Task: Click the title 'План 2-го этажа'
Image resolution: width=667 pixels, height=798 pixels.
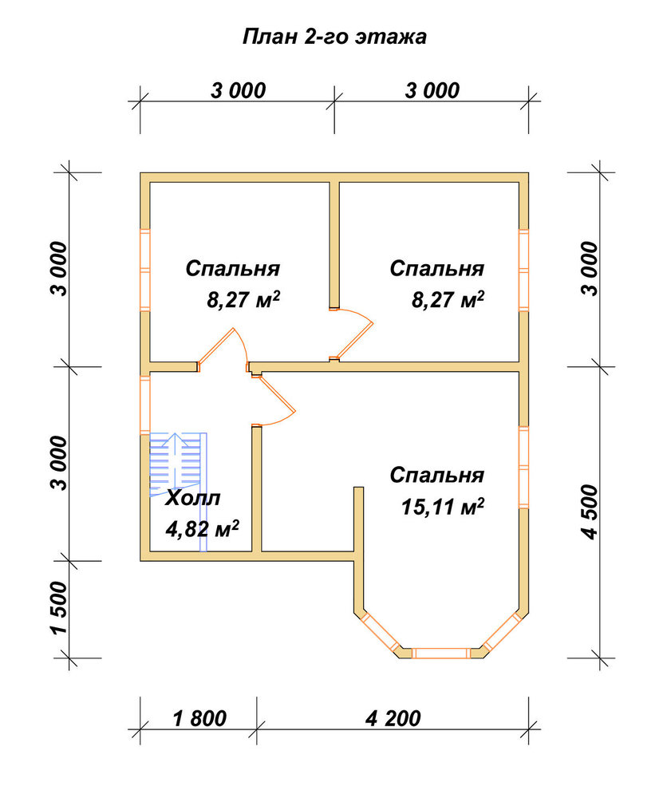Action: pos(334,38)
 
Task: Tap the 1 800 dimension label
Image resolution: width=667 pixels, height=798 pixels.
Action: pos(199,719)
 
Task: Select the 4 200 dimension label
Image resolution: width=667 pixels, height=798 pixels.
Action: pos(393,719)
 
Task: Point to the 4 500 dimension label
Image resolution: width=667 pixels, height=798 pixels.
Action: pos(590,512)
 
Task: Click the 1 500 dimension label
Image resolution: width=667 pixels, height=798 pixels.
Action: pos(59,608)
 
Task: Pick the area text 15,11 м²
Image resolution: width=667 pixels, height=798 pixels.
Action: pos(443,507)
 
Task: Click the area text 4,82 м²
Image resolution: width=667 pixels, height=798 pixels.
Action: pos(202,528)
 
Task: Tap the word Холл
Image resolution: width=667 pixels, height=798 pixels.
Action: pos(193,498)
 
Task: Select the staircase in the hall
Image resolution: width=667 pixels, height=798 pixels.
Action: pos(178,491)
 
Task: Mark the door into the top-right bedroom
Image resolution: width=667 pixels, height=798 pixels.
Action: pos(352,334)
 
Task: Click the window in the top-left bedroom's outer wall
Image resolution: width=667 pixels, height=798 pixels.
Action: pos(145,270)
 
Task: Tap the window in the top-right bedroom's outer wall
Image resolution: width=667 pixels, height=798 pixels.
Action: pos(523,270)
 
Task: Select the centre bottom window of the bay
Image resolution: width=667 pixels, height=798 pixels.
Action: pos(440,654)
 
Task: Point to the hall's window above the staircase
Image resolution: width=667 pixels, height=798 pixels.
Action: pos(145,405)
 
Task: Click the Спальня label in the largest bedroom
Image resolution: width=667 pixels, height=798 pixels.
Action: pos(437,475)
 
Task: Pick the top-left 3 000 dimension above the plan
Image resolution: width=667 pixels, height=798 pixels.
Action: pos(238,91)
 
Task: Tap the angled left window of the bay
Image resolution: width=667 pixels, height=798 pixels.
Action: pos(380,631)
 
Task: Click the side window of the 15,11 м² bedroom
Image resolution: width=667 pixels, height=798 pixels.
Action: pos(523,467)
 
